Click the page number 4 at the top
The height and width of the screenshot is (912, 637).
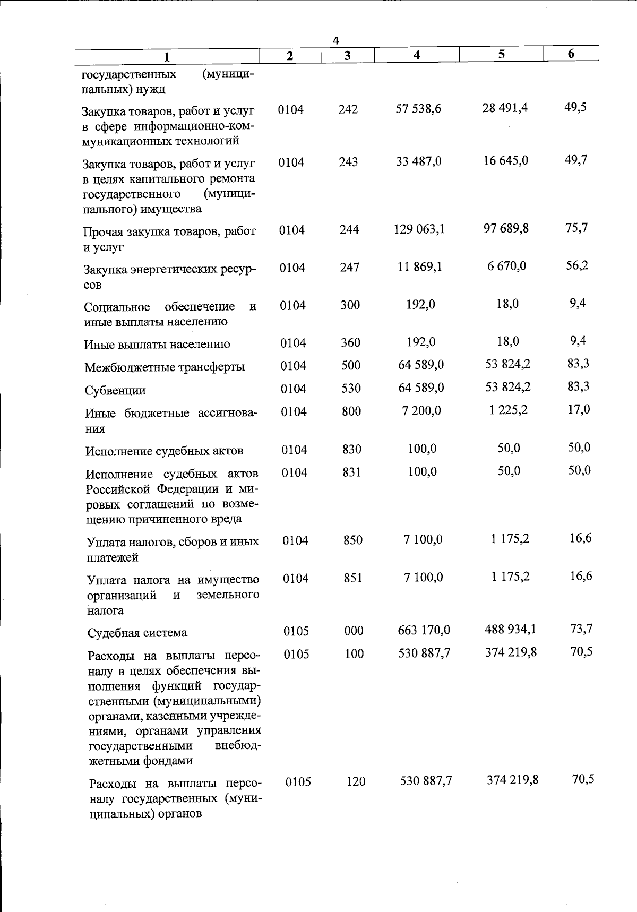pos(335,40)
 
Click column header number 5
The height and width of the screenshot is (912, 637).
pos(501,54)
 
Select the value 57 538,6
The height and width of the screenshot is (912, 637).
pos(418,109)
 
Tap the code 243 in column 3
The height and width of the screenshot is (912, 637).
pos(348,161)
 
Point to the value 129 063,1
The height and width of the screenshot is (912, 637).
pos(419,229)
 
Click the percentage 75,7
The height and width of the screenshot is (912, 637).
pos(576,228)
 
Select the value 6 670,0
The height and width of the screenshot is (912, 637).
pos(507,265)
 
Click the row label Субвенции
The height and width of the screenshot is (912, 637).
pos(115,391)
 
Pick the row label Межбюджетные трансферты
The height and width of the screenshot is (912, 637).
pos(165,367)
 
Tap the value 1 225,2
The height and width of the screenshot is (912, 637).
pos(509,410)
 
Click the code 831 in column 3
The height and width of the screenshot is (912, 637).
pos(351,472)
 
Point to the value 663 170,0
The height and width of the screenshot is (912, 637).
pos(424,630)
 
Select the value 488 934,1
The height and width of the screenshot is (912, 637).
pos(510,629)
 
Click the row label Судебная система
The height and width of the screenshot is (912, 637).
pos(137,633)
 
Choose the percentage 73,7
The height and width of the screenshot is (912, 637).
pos(581,629)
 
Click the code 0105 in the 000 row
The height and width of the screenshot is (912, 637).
pos(296,631)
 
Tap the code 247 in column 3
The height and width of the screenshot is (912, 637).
pos(350,268)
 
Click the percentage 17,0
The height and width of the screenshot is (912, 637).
pos(579,409)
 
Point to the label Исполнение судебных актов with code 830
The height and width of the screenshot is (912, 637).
pos(165,451)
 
